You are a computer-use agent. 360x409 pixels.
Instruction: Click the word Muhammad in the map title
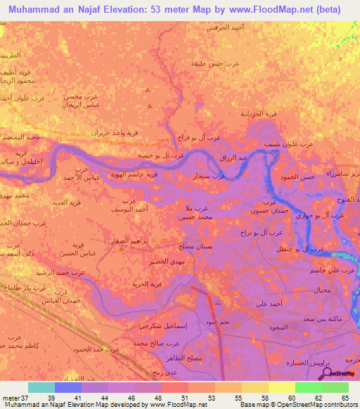click(34, 9)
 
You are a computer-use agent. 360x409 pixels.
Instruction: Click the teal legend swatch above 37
click(41, 387)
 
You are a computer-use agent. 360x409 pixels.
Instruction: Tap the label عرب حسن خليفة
click(216, 63)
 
